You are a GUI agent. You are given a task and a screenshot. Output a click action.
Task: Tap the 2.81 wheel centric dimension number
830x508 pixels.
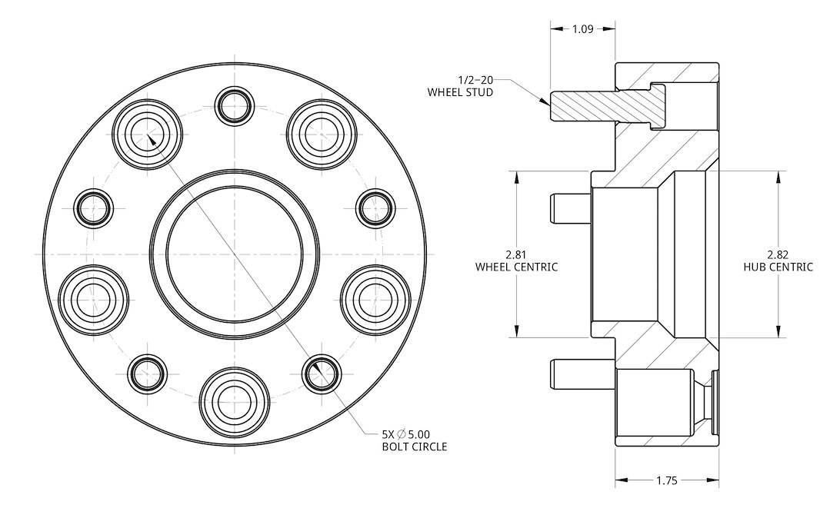(516, 254)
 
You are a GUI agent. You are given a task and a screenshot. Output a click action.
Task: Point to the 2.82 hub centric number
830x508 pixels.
(778, 254)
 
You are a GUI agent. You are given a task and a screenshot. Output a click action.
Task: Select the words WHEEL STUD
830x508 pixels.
(460, 92)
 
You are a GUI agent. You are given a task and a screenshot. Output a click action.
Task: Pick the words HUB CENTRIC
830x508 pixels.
(778, 267)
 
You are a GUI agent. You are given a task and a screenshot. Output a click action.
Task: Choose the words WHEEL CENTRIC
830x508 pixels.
(516, 267)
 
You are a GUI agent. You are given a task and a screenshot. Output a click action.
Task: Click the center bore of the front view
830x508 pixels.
(235, 253)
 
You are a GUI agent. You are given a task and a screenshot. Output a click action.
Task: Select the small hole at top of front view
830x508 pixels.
(234, 105)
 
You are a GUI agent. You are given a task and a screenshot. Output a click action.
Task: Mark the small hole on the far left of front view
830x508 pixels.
(95, 206)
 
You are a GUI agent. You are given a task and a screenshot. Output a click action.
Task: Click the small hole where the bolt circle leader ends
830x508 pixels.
(322, 373)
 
